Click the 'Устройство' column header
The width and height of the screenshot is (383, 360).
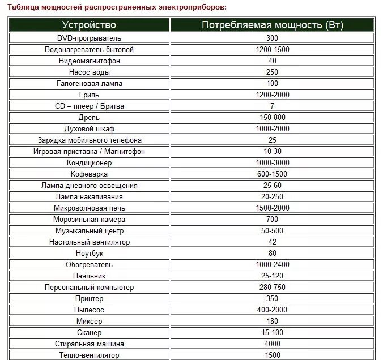pyautogui.click(x=89, y=25)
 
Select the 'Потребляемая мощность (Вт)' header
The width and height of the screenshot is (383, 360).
pyautogui.click(x=272, y=25)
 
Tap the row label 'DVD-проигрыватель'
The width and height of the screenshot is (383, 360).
pyautogui.click(x=89, y=38)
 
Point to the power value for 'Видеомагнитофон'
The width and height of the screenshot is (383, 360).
pyautogui.click(x=272, y=61)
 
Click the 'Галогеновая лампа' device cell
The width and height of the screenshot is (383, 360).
pyautogui.click(x=89, y=83)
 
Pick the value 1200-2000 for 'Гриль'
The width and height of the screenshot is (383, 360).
pyautogui.click(x=272, y=95)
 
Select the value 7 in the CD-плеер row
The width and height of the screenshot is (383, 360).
pyautogui.click(x=272, y=106)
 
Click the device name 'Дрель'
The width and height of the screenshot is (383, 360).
pyautogui.click(x=89, y=117)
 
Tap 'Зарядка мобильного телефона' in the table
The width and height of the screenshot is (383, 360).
pyautogui.click(x=89, y=140)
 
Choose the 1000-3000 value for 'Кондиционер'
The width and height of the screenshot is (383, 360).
pyautogui.click(x=272, y=162)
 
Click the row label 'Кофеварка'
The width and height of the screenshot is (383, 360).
pyautogui.click(x=89, y=174)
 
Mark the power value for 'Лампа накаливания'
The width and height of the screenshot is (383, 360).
pyautogui.click(x=272, y=196)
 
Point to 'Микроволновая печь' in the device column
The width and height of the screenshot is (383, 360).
pyautogui.click(x=89, y=208)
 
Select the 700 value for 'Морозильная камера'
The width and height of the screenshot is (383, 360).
pyautogui.click(x=272, y=219)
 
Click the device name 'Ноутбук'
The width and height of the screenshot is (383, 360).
pyautogui.click(x=89, y=253)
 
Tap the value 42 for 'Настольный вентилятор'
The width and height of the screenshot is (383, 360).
pyautogui.click(x=272, y=242)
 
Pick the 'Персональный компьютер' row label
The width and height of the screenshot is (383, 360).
pyautogui.click(x=89, y=287)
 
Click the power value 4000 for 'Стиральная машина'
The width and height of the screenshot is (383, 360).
pyautogui.click(x=272, y=344)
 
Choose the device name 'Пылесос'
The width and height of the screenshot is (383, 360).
pyautogui.click(x=89, y=310)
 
